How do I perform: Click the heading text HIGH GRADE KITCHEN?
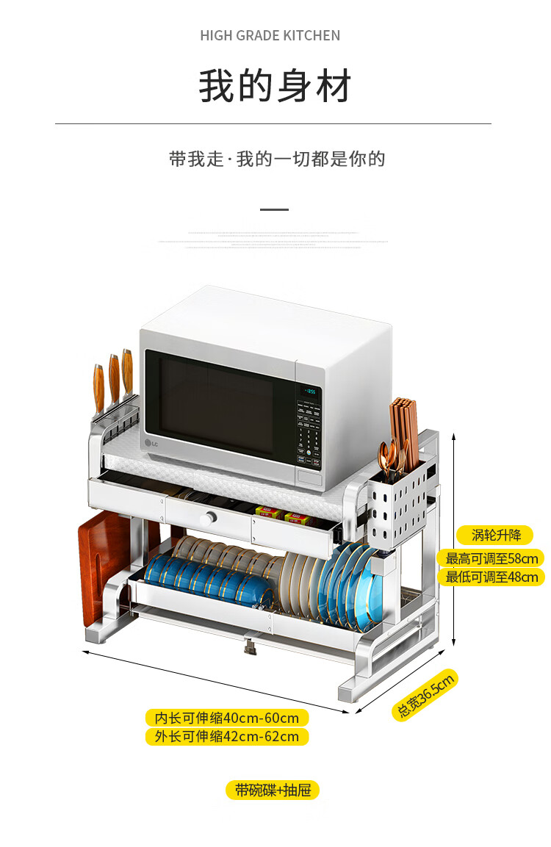270,35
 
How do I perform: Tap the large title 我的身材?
275,86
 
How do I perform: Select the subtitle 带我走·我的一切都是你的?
277,159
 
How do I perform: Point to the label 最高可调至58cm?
491,558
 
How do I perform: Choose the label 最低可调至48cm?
491,577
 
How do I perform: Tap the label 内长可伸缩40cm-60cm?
226,718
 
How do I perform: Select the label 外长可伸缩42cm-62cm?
226,736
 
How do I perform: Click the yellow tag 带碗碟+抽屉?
273,790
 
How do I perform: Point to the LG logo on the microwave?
150,443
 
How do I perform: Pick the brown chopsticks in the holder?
404,433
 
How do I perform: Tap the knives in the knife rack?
113,386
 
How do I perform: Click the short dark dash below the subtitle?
275,209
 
